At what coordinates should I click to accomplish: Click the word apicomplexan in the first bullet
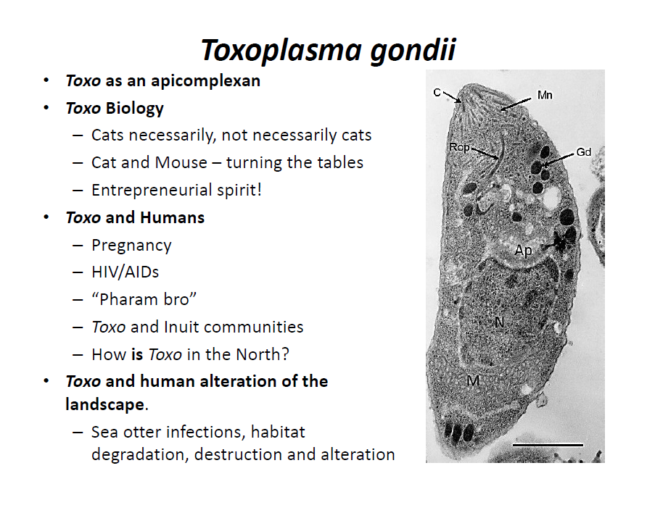(x=205, y=81)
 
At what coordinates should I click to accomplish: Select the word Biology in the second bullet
(x=134, y=109)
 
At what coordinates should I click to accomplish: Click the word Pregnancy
(x=131, y=246)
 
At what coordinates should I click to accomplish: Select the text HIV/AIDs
(x=125, y=272)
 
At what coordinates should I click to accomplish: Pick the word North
(x=258, y=355)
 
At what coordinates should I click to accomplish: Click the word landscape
(x=105, y=405)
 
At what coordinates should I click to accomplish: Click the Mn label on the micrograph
(x=545, y=95)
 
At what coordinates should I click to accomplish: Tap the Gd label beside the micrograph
(x=584, y=152)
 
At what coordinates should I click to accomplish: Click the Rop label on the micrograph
(x=459, y=147)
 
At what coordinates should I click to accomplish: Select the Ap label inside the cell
(x=524, y=251)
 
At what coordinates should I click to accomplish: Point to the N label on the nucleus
(x=499, y=322)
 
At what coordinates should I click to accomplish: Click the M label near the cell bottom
(x=473, y=380)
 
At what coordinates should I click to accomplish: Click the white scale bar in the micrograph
(x=548, y=446)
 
